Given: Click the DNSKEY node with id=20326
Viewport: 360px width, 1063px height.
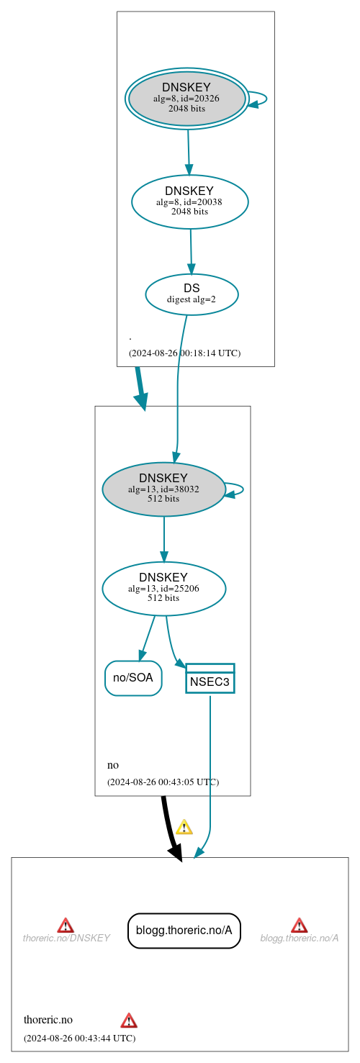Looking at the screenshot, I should (x=187, y=99).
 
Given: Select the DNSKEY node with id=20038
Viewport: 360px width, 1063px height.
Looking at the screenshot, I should (x=189, y=202).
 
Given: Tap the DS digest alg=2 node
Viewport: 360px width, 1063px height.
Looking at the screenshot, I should (x=192, y=294).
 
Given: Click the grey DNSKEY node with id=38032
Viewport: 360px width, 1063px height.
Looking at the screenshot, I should (x=163, y=489).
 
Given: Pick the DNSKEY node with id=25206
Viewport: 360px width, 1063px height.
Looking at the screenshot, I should (x=163, y=589).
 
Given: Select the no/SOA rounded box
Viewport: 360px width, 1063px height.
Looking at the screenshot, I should (x=133, y=678).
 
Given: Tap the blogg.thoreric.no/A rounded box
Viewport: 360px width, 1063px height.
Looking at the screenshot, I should (x=184, y=931).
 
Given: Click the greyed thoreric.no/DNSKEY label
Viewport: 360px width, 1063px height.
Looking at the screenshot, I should (x=66, y=938).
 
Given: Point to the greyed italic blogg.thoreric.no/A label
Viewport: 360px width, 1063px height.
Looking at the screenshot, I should (x=299, y=938).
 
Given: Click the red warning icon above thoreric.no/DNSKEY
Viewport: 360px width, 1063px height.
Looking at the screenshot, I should (x=66, y=925).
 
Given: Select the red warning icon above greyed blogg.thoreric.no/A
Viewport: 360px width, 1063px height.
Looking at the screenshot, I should (x=299, y=925).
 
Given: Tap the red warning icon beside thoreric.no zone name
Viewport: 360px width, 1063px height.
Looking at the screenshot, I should (x=129, y=1020).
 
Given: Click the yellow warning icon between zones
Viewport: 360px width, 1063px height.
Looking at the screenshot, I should (x=184, y=827).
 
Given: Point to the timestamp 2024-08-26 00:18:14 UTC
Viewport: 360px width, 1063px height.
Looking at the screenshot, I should (x=184, y=353).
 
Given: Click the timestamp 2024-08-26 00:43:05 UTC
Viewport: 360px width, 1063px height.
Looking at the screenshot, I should (x=163, y=782).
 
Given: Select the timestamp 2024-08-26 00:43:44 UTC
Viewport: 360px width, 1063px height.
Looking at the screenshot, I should (x=79, y=1038).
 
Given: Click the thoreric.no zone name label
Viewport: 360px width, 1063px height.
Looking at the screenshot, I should (x=48, y=1020).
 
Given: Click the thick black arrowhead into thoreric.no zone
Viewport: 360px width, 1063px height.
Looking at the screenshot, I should (x=176, y=853).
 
